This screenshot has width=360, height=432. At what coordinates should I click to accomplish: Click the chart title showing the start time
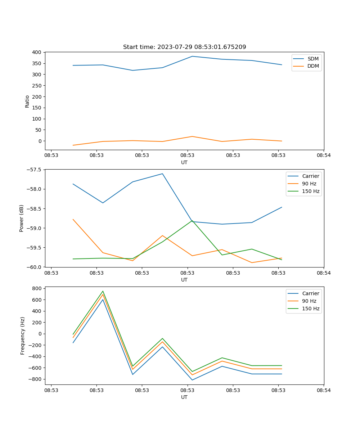tap(184, 47)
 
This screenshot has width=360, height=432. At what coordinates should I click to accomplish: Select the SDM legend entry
tap(313, 59)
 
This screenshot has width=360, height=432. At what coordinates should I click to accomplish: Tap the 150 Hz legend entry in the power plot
tap(311, 191)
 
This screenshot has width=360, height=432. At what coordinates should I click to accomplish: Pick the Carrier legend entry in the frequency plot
tap(310, 293)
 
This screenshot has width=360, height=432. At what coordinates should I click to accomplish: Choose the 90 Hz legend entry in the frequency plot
tap(309, 301)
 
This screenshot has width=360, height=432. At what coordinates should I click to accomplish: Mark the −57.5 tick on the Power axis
tap(33, 170)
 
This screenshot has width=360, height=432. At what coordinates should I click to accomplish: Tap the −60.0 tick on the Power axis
tap(33, 267)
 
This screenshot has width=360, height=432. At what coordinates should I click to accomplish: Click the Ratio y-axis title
tap(27, 101)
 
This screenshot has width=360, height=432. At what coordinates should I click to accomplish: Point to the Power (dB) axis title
tap(22, 218)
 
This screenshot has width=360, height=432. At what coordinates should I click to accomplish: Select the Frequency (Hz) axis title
tap(23, 336)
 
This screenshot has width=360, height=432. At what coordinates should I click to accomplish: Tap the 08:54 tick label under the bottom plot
tap(323, 390)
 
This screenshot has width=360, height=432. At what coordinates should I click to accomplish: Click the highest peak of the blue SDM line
tap(192, 56)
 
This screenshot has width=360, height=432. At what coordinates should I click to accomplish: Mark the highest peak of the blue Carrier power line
tap(162, 174)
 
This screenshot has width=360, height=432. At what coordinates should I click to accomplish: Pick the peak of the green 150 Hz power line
tap(192, 220)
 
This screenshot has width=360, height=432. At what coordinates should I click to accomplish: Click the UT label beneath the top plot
tap(184, 162)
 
